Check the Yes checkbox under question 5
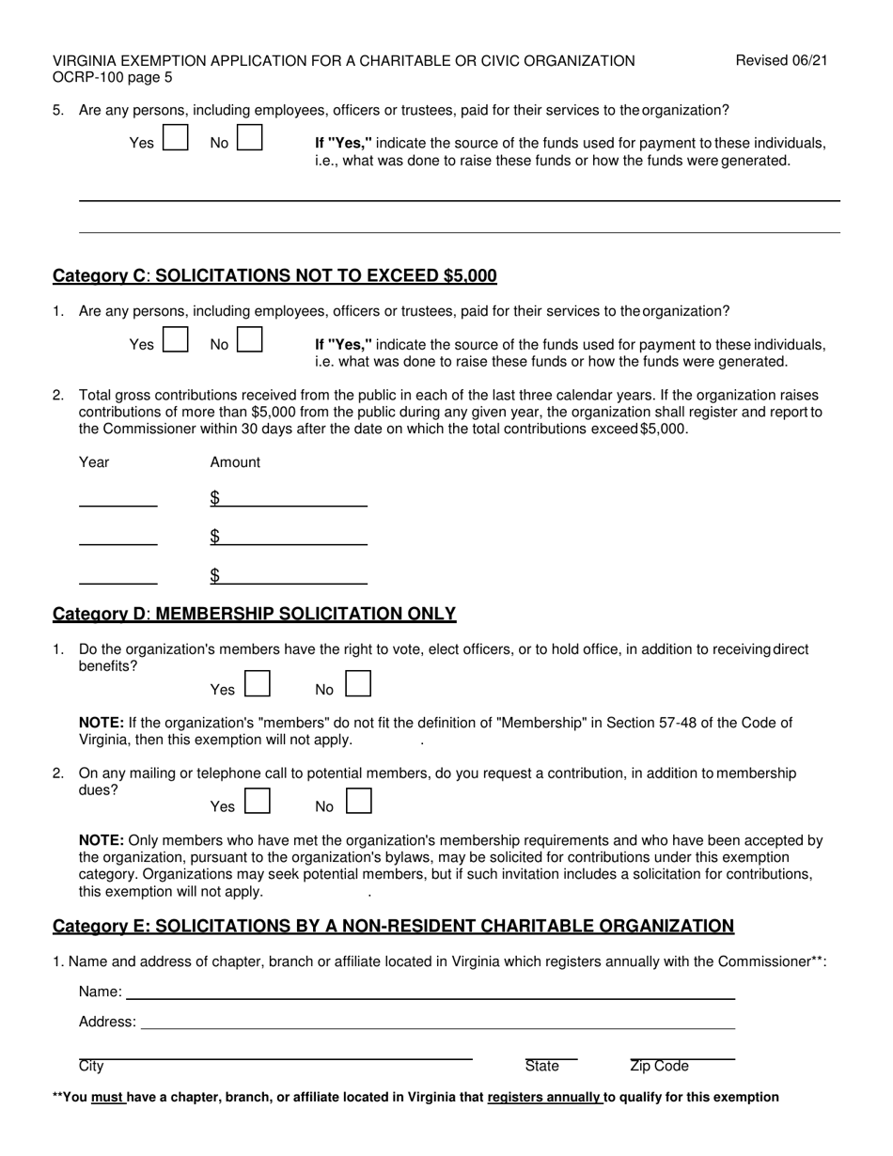(x=176, y=138)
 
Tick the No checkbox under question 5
(x=249, y=138)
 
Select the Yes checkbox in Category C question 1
(x=176, y=339)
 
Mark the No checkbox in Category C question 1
(x=249, y=339)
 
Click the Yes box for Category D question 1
(x=258, y=683)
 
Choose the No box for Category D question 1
(x=358, y=683)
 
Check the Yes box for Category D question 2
(x=258, y=801)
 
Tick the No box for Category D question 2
(x=358, y=801)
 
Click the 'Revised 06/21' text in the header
(x=781, y=61)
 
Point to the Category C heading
(x=274, y=275)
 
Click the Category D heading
(x=254, y=614)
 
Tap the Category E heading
(x=393, y=926)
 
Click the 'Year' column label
(x=94, y=462)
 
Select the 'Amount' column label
(x=235, y=462)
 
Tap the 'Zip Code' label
(x=659, y=1066)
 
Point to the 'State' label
(x=542, y=1066)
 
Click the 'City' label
(x=91, y=1066)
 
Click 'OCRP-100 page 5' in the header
(x=113, y=78)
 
